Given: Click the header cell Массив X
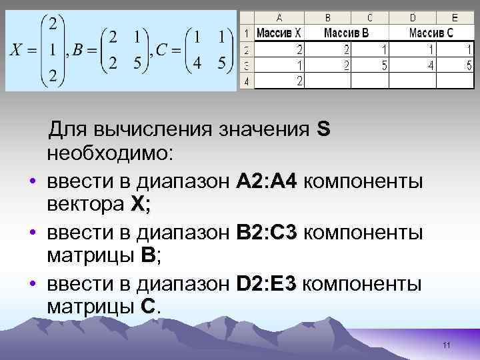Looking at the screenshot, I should pyautogui.click(x=279, y=32).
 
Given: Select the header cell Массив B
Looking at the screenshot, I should pyautogui.click(x=346, y=32).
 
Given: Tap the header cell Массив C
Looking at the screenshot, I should pyautogui.click(x=431, y=32).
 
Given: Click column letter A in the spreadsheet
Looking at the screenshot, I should pyautogui.click(x=278, y=18).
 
